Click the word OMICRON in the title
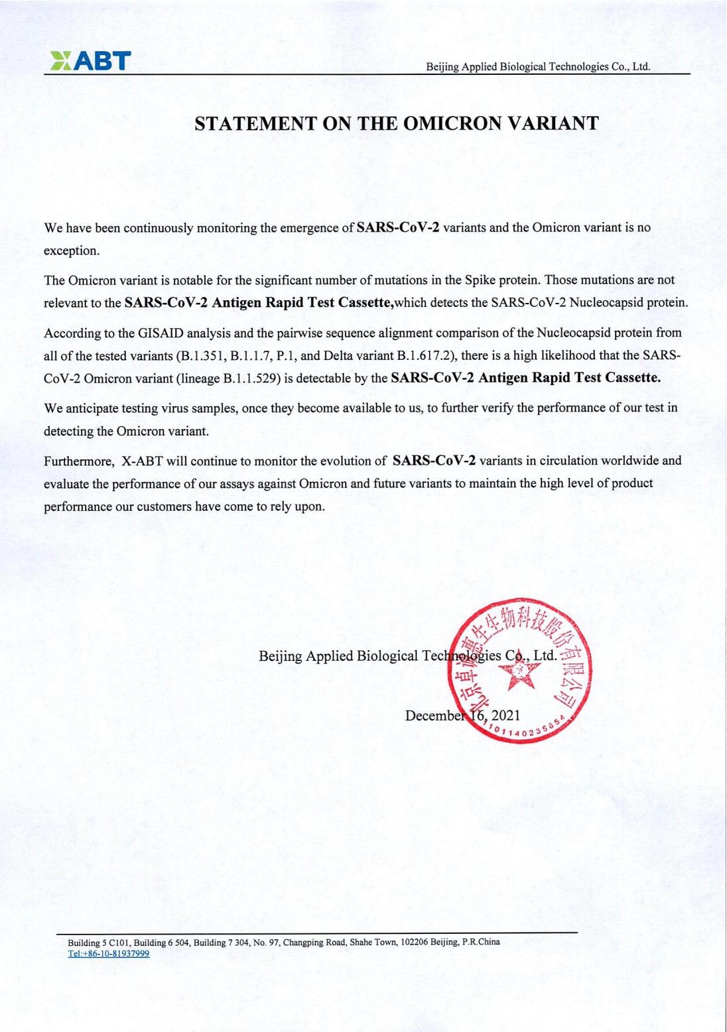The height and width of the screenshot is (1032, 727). point(452,123)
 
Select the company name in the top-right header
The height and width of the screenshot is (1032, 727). point(538,66)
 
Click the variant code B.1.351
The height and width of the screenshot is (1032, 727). point(202,355)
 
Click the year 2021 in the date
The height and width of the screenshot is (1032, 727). point(506,715)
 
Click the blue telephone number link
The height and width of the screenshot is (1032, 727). point(109,954)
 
